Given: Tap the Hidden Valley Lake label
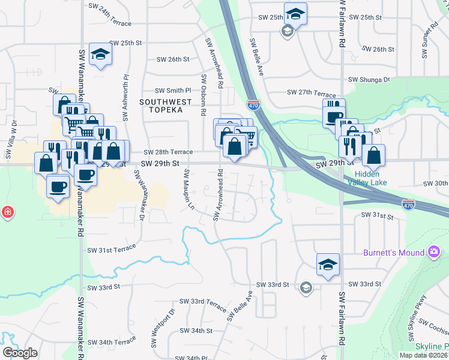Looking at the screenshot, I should pyautogui.click(x=367, y=178).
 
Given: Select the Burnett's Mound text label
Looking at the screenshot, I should pyautogui.click(x=393, y=253).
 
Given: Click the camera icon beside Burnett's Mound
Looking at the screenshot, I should pyautogui.click(x=434, y=253).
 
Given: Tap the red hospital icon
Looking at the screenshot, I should pyautogui.click(x=7, y=212).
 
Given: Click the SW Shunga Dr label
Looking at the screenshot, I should pyautogui.click(x=370, y=79).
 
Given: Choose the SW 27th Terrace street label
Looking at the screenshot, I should pyautogui.click(x=312, y=93).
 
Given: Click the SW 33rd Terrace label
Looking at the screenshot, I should pyautogui.click(x=202, y=305).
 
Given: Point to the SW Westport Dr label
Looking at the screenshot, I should pyautogui.click(x=170, y=321).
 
